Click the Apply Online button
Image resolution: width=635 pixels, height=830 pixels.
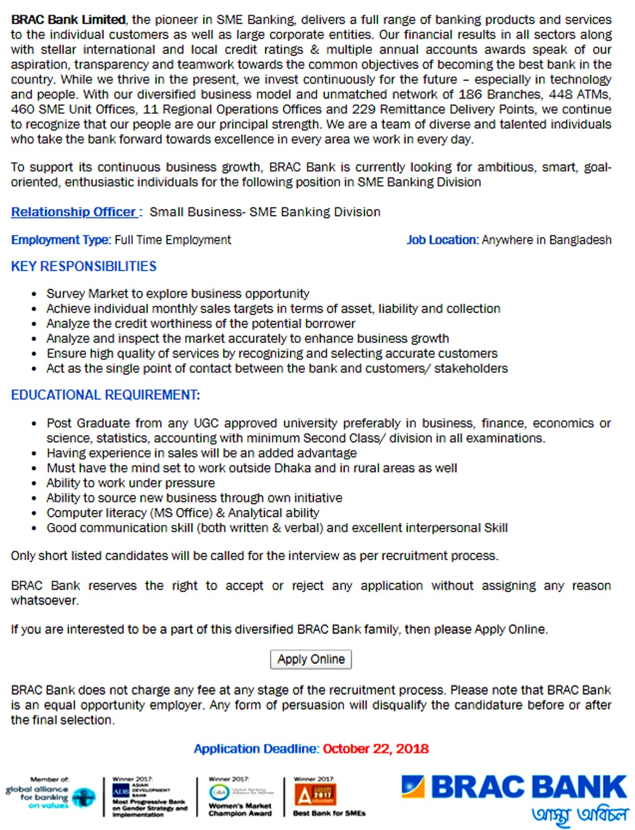(311, 659)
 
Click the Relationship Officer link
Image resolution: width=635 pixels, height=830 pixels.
(74, 212)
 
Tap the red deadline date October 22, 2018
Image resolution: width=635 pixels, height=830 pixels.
(376, 749)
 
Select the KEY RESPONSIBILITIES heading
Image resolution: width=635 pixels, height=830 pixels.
(84, 266)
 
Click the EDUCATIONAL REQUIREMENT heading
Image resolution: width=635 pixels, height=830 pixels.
(105, 395)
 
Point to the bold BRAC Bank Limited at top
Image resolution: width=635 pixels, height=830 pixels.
(68, 20)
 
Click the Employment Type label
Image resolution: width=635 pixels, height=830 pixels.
(61, 240)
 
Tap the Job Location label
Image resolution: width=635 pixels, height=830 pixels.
(442, 240)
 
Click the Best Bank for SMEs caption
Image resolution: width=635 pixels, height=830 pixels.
(329, 813)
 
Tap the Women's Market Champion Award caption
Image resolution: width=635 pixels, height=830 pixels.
(240, 809)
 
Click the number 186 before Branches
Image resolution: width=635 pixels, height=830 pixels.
(471, 94)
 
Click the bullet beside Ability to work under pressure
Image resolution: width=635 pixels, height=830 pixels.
(34, 483)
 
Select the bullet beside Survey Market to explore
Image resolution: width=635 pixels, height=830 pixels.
(34, 294)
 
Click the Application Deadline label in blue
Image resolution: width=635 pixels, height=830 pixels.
(256, 749)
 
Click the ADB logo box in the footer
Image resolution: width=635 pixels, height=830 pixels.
(120, 791)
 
